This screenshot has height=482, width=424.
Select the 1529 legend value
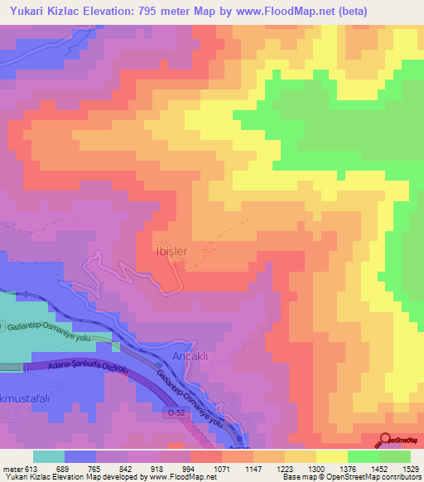pyautogui.click(x=411, y=468)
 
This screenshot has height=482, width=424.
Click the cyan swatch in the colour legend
pyautogui.click(x=49, y=456)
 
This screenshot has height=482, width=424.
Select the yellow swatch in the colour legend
pyautogui.click(x=331, y=456)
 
